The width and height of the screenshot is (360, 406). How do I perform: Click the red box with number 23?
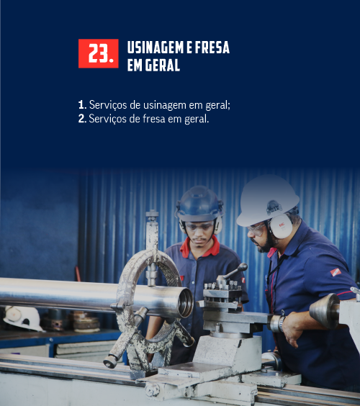[x=99, y=53]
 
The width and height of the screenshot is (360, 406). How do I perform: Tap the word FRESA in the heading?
[x=212, y=48]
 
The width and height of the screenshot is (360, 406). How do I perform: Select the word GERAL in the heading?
[x=163, y=65]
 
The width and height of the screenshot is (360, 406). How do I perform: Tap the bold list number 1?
[x=82, y=105]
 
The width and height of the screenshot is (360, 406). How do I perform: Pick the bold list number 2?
[x=82, y=119]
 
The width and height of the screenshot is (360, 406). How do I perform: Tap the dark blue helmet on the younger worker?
[x=199, y=204]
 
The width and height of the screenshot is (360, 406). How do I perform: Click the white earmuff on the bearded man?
[x=282, y=226]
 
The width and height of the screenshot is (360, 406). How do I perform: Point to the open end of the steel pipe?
[x=186, y=302]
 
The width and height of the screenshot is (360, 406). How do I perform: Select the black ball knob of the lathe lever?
[x=243, y=267]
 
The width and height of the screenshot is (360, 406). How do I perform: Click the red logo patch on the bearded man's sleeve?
[x=336, y=272]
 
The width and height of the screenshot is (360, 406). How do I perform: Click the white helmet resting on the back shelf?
[x=23, y=318]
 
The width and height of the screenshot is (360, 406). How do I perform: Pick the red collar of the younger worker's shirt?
[x=199, y=248]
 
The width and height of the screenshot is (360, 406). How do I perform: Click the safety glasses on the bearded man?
[x=256, y=229]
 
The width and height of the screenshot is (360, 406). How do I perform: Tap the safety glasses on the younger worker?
[x=199, y=226]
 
